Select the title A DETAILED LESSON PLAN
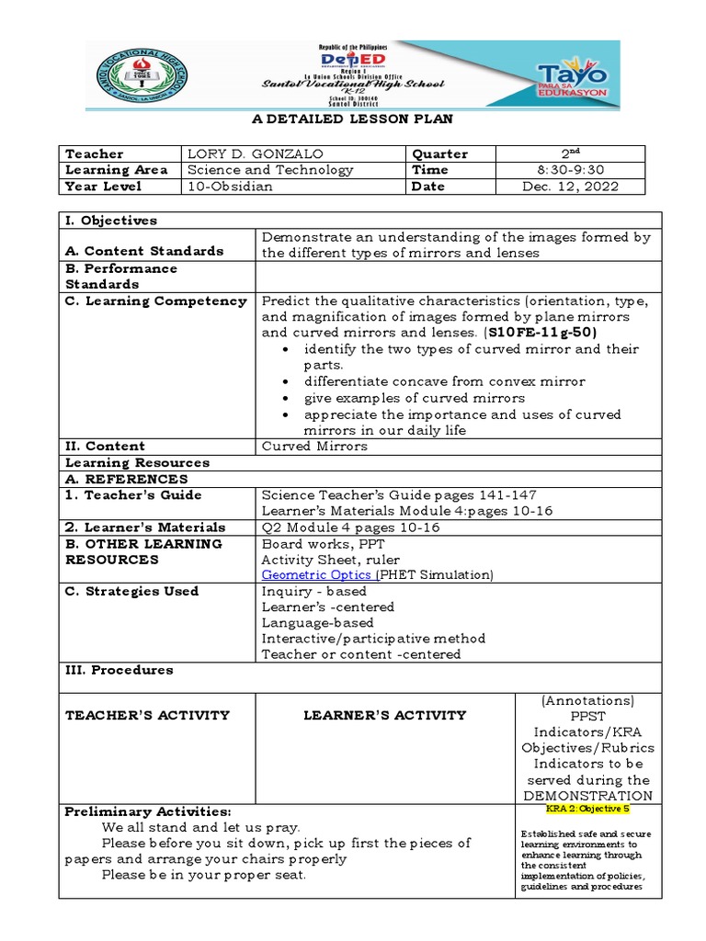pyautogui.click(x=353, y=119)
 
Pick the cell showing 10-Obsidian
pyautogui.click(x=230, y=187)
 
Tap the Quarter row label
pyautogui.click(x=440, y=153)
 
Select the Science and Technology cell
pyautogui.click(x=270, y=170)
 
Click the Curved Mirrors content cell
pyautogui.click(x=314, y=446)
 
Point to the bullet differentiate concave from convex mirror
pyautogui.click(x=444, y=381)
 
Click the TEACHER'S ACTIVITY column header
pyautogui.click(x=147, y=715)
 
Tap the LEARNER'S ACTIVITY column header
pyautogui.click(x=385, y=715)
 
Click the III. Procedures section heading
pyautogui.click(x=120, y=670)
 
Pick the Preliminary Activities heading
pyautogui.click(x=147, y=812)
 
